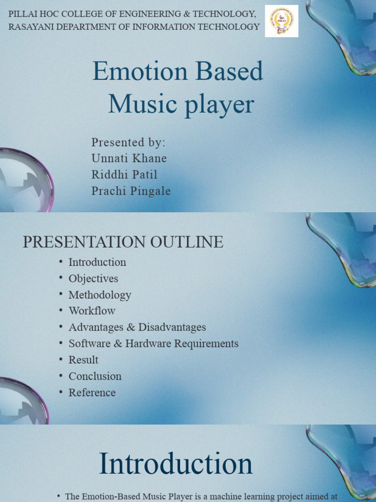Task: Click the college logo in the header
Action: point(282,21)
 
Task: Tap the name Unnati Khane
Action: point(129,158)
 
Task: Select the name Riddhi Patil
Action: point(124,175)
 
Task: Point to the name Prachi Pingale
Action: point(131,191)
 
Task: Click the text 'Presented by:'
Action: point(128,142)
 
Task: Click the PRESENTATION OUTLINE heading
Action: point(123,242)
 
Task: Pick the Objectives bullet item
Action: point(93,278)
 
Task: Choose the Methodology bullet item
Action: point(100,295)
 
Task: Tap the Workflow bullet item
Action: point(92,311)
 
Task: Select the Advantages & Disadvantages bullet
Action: point(137,327)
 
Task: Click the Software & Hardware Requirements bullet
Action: point(153,344)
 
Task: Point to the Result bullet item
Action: point(83,360)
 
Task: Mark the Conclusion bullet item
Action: point(95,376)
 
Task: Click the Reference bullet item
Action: point(92,393)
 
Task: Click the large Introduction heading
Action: point(176,464)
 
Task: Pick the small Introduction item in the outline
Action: point(97,262)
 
